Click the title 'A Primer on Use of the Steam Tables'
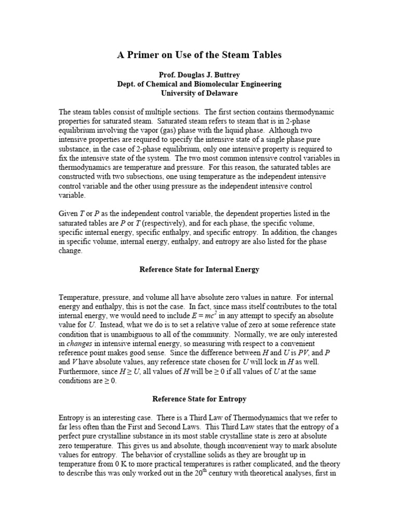tap(199, 55)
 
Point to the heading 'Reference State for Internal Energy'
tap(199, 269)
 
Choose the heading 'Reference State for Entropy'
tap(199, 399)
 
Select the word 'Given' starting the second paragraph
tap(69, 214)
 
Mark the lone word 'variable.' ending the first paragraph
tap(73, 196)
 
